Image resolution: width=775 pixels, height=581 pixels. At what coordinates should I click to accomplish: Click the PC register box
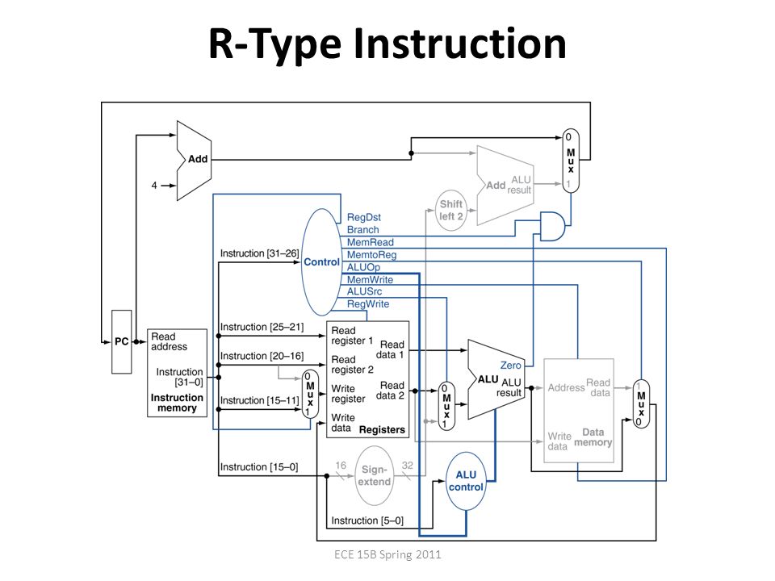(122, 341)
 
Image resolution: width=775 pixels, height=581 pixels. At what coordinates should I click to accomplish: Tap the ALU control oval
(466, 481)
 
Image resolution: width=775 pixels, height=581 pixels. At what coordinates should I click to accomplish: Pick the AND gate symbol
(552, 226)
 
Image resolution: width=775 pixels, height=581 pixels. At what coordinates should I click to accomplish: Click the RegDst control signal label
(364, 217)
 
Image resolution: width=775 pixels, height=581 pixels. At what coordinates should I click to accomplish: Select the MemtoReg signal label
(371, 255)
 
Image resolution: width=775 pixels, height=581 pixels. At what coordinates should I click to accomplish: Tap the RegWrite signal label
(368, 304)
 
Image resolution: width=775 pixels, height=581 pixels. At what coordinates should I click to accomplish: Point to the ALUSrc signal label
(364, 291)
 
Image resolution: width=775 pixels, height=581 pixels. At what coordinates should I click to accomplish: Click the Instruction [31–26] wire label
(259, 253)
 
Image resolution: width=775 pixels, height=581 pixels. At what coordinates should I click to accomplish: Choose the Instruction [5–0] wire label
(367, 520)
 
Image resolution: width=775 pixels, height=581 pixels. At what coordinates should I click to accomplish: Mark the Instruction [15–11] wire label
(259, 400)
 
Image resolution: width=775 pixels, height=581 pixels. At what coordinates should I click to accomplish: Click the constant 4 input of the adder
(154, 186)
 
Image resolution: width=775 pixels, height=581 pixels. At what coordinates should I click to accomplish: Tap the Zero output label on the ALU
(510, 365)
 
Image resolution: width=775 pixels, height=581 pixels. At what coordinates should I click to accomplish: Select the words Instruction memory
(177, 403)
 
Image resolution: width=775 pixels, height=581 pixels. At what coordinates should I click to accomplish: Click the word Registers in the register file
(382, 430)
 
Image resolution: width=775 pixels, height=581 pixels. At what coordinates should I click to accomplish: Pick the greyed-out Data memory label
(593, 437)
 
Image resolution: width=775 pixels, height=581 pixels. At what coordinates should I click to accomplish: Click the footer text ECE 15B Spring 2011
(387, 554)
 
